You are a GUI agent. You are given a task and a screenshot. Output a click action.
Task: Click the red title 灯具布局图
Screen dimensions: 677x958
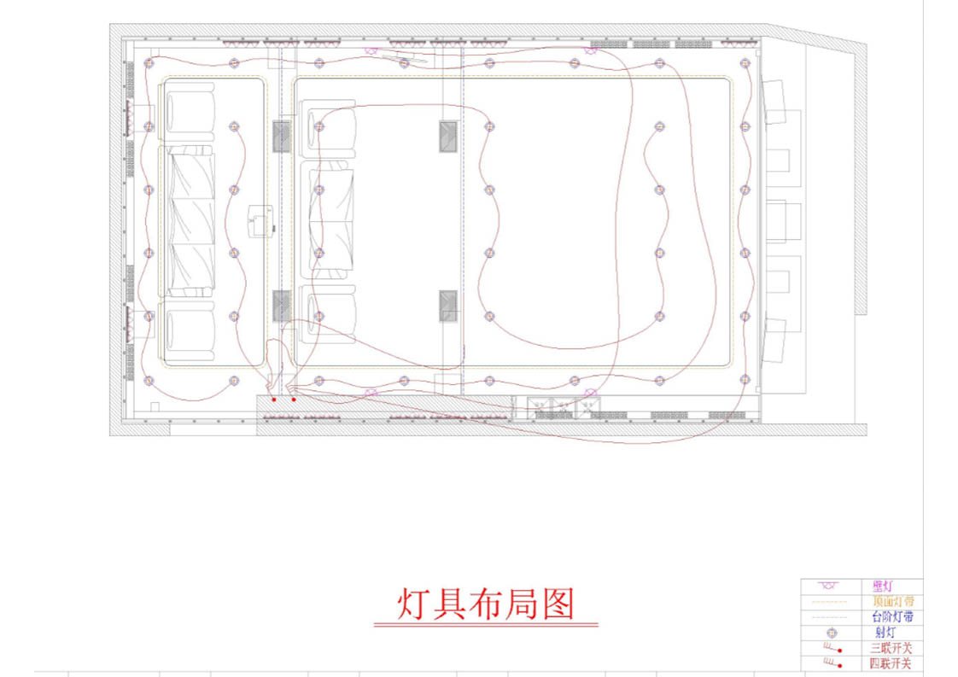pyautogui.click(x=486, y=605)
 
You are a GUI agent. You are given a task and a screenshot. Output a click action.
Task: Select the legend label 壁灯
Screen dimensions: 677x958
pyautogui.click(x=883, y=586)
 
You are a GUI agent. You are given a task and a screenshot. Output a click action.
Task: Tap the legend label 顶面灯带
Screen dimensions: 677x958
pyautogui.click(x=890, y=601)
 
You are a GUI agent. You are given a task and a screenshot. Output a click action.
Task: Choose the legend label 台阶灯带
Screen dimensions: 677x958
pyautogui.click(x=890, y=616)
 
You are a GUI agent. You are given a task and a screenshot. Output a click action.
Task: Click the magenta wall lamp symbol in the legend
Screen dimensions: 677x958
pyautogui.click(x=827, y=586)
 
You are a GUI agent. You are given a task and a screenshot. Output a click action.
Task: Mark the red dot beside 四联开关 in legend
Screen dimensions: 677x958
pyautogui.click(x=840, y=664)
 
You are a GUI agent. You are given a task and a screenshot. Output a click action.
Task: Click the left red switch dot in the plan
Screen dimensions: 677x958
pyautogui.click(x=274, y=399)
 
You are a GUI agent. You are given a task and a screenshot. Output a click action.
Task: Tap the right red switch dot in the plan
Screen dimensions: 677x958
pyautogui.click(x=294, y=399)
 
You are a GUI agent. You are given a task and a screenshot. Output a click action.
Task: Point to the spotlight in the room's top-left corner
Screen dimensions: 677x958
pyautogui.click(x=149, y=62)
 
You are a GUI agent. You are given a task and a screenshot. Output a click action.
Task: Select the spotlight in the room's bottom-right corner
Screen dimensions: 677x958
pyautogui.click(x=745, y=380)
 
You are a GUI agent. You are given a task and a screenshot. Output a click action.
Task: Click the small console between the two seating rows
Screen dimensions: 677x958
pyautogui.click(x=258, y=222)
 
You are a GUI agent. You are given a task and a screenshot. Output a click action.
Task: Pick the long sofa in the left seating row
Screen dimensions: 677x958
pyautogui.click(x=188, y=221)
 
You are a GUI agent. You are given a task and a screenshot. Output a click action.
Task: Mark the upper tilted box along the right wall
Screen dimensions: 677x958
pyautogui.click(x=774, y=101)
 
